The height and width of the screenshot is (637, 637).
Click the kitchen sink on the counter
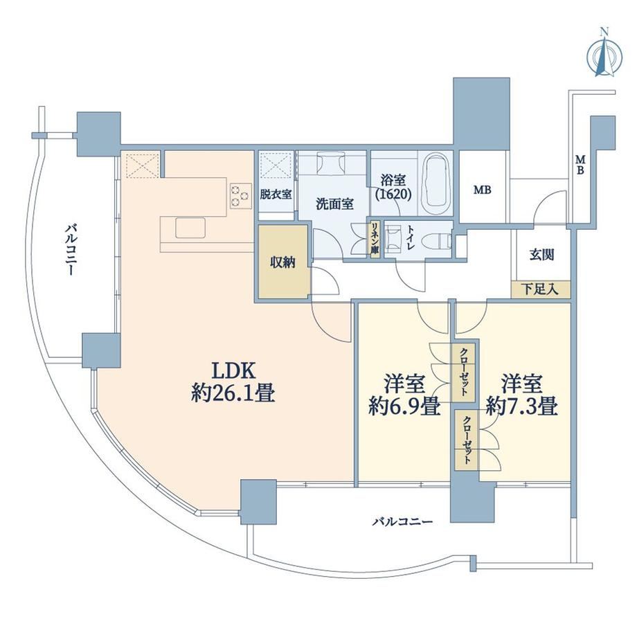coord(190,228)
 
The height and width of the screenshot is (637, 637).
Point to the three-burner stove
coord(240,196)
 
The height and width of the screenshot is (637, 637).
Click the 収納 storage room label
coord(282,263)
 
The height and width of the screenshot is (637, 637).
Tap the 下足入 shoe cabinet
coord(540,289)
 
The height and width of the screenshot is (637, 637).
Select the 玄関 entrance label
coord(542,255)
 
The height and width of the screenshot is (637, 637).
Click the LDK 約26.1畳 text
coord(233,382)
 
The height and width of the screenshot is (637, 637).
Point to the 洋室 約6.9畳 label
coord(404,395)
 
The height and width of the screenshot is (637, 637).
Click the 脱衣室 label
coord(276,194)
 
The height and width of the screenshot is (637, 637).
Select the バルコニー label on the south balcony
coord(403,521)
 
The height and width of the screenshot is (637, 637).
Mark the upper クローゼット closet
coord(464,373)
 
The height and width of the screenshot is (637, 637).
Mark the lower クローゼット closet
coord(467,441)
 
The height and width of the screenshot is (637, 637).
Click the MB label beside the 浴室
coord(483,190)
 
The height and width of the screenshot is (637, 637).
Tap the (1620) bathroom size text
coord(393,194)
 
